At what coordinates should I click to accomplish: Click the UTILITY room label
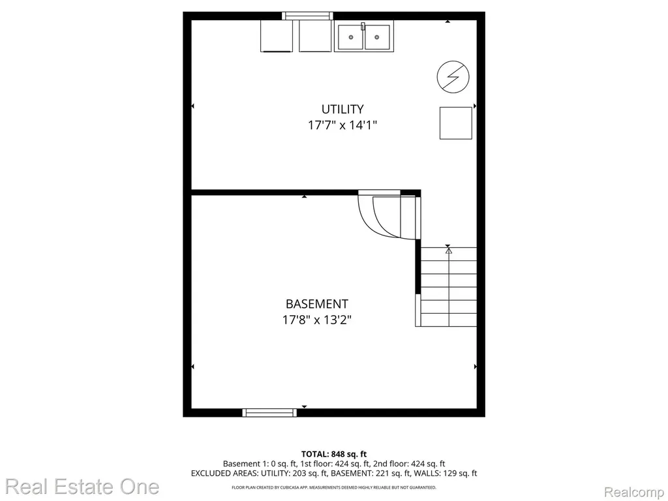point(342,110)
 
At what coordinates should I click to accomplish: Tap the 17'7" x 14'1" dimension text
point(342,125)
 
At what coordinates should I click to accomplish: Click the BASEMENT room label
point(316,304)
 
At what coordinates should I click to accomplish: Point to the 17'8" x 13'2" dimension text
point(316,320)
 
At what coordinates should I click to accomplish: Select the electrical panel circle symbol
point(453,77)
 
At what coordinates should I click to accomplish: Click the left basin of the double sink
point(350,37)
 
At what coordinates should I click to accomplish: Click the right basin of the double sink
point(377,37)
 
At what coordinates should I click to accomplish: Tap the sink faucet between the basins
point(363,26)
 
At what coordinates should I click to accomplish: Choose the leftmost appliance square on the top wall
point(277,37)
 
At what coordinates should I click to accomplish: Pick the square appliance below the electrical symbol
point(456,123)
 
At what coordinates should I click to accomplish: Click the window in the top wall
point(308,16)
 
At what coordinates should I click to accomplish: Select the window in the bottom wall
point(269,412)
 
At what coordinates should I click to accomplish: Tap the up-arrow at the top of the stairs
point(448,251)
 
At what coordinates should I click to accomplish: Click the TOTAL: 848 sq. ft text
point(334,454)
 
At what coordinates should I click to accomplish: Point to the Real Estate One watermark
point(82,487)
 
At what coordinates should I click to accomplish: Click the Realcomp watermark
point(634,492)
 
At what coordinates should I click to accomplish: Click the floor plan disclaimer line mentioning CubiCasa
point(334,487)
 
